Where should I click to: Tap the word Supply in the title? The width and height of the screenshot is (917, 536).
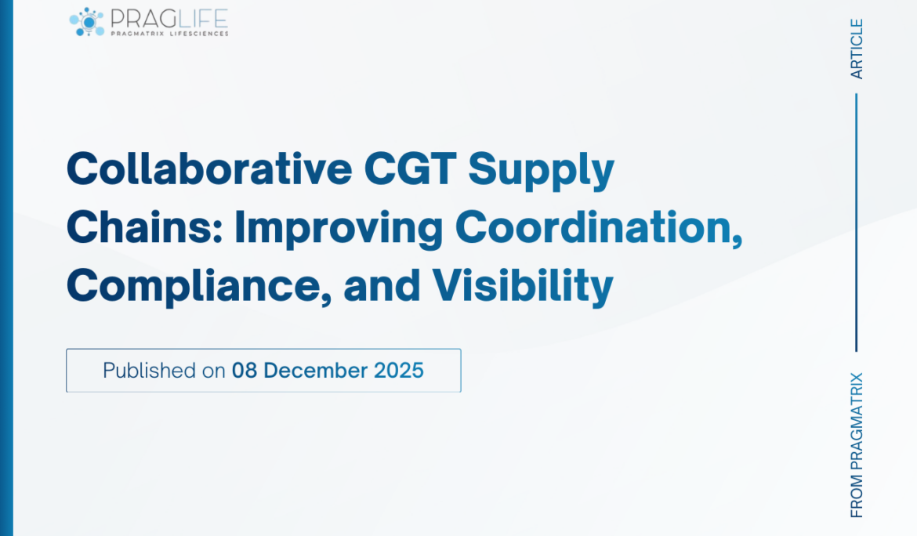(542, 170)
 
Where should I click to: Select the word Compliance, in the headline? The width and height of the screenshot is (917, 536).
(197, 287)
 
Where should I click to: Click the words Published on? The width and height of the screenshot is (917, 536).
(164, 371)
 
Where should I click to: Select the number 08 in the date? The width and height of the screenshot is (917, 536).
(245, 371)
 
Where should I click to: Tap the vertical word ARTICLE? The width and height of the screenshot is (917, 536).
(857, 49)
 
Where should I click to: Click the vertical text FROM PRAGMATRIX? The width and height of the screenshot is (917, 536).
(857, 444)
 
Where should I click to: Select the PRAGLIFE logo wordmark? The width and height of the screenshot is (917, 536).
(169, 17)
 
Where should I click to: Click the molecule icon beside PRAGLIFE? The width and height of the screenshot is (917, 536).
(87, 22)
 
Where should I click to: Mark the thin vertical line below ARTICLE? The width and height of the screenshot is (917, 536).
(857, 223)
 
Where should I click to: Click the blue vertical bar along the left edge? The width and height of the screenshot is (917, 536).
(6, 268)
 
